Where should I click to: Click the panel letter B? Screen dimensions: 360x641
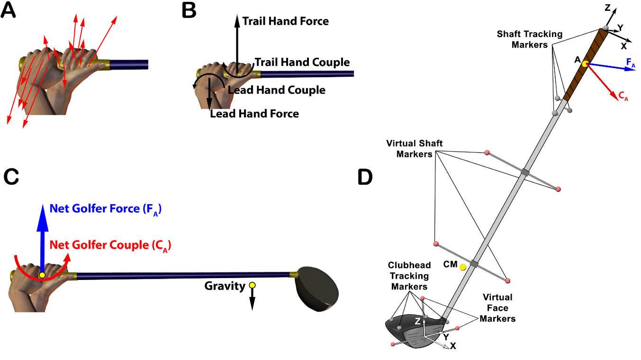pyautogui.click(x=189, y=10)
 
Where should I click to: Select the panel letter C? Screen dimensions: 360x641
pyautogui.click(x=11, y=177)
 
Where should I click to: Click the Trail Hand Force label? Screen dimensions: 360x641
pyautogui.click(x=285, y=21)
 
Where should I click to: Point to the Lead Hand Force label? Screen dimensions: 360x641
pyautogui.click(x=254, y=114)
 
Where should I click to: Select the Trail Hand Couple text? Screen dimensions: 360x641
pyautogui.click(x=302, y=63)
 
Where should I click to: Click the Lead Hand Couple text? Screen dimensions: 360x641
pyautogui.click(x=276, y=90)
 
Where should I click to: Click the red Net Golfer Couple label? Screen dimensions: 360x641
pyautogui.click(x=110, y=245)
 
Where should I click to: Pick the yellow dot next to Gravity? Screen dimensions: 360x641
pyautogui.click(x=253, y=285)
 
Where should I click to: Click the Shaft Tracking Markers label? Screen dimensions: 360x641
pyautogui.click(x=529, y=39)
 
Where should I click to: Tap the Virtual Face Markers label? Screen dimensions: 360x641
pyautogui.click(x=497, y=308)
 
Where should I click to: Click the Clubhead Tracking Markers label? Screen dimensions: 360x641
pyautogui.click(x=408, y=276)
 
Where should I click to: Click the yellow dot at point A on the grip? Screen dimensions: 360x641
pyautogui.click(x=586, y=64)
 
